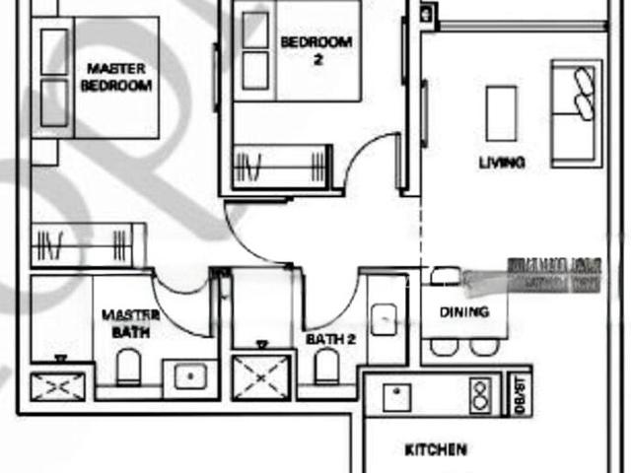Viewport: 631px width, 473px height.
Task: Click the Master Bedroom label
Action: click(117, 77)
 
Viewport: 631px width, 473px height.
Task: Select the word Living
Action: click(501, 163)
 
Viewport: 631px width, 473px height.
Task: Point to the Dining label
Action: click(464, 312)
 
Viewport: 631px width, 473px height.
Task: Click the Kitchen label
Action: click(435, 450)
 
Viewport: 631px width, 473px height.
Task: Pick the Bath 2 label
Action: click(329, 339)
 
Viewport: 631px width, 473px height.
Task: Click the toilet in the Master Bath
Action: click(129, 370)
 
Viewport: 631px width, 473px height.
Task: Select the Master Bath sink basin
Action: click(188, 375)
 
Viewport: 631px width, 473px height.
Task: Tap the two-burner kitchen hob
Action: click(480, 396)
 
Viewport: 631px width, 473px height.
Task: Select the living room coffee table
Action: click(501, 112)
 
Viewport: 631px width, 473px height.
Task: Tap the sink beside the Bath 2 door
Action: click(383, 317)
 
